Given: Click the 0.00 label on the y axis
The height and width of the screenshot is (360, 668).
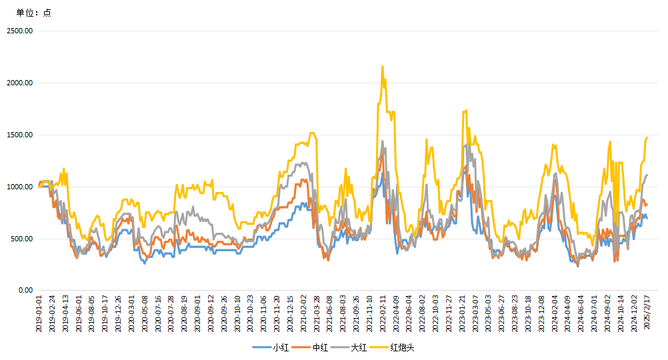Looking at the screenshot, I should tap(25, 291).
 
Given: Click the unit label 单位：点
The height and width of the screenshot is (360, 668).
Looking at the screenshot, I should tap(34, 13).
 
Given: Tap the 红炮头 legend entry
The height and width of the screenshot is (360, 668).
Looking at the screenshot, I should tap(402, 347).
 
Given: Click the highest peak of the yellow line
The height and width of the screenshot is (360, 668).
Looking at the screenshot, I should tap(382, 66).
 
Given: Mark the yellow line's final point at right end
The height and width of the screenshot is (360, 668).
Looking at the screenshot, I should tap(647, 137).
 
